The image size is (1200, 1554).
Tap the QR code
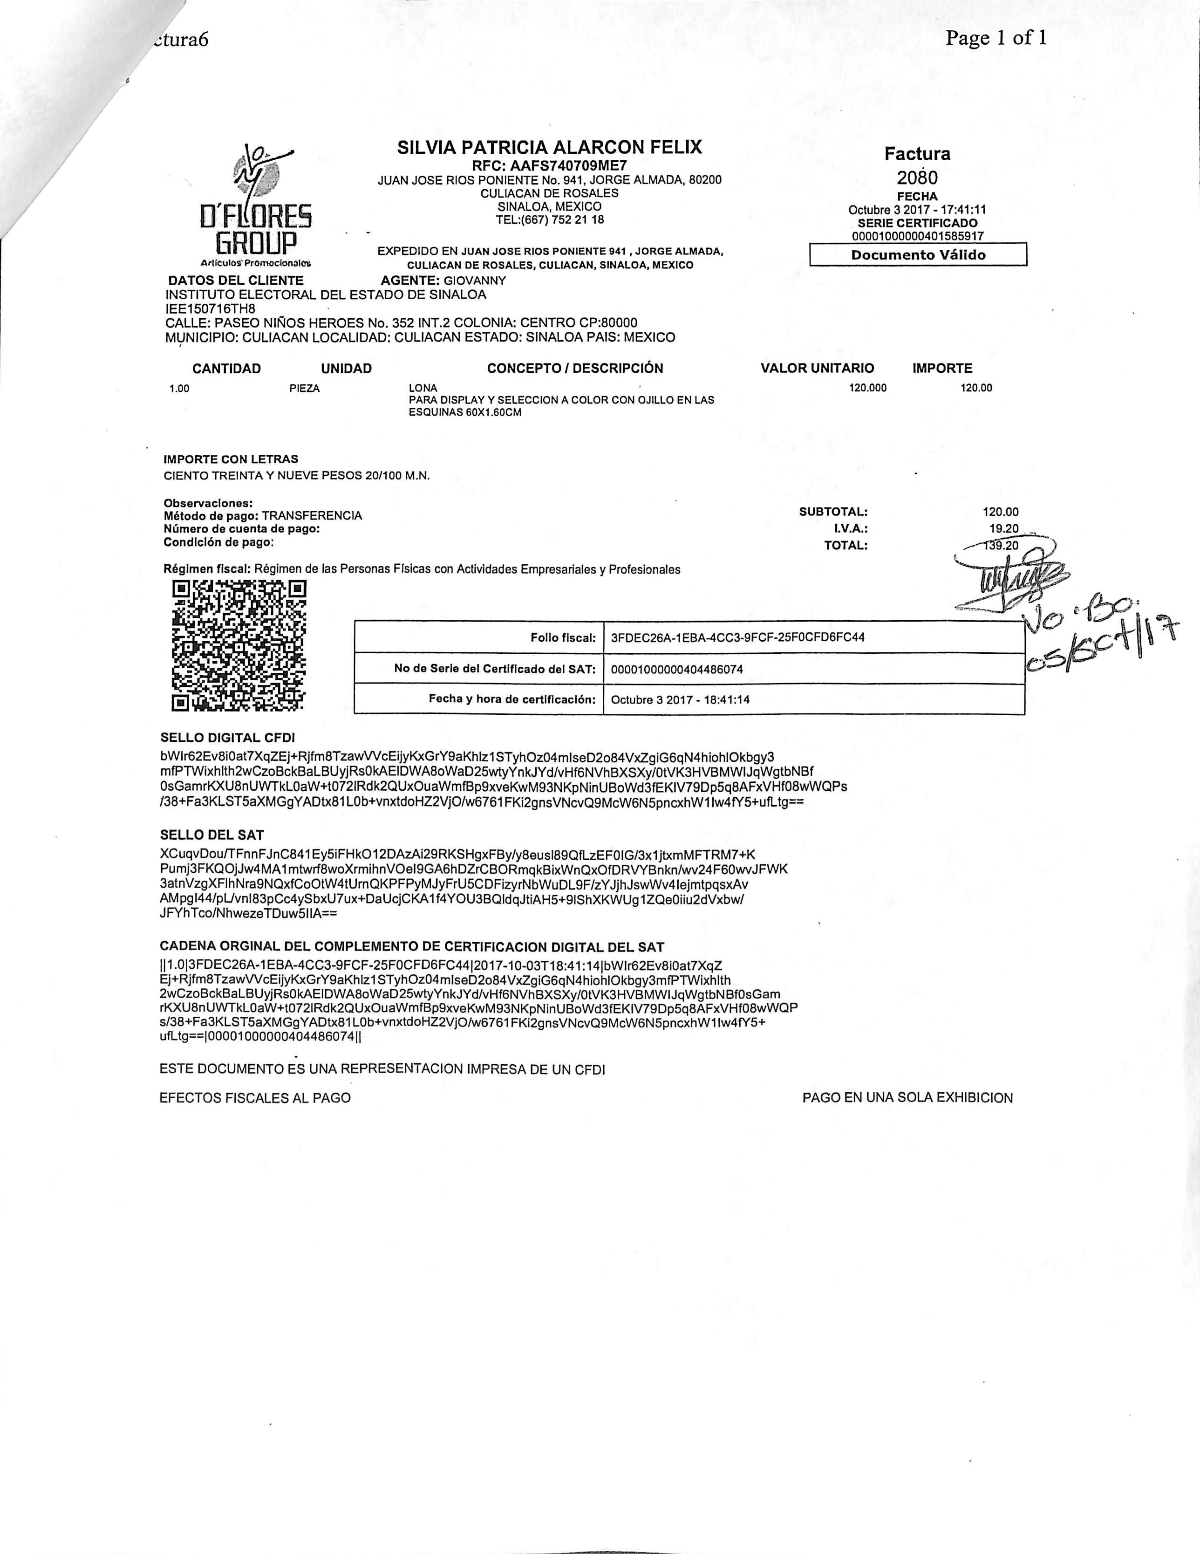click(239, 646)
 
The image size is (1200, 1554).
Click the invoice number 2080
click(917, 177)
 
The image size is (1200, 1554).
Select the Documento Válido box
click(918, 255)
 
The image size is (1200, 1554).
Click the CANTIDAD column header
click(226, 369)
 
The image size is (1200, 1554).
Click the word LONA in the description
click(423, 388)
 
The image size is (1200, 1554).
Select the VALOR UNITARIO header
click(817, 369)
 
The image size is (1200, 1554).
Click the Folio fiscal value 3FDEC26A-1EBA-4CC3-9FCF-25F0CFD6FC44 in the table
click(737, 637)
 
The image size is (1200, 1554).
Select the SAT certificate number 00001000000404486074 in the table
click(677, 669)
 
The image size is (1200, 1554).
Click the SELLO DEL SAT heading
click(212, 835)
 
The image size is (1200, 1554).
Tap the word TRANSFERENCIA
click(312, 515)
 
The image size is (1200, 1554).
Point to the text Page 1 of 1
click(996, 38)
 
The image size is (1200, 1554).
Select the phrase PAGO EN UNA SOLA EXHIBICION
click(907, 1098)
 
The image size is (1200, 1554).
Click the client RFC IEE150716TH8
click(211, 309)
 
